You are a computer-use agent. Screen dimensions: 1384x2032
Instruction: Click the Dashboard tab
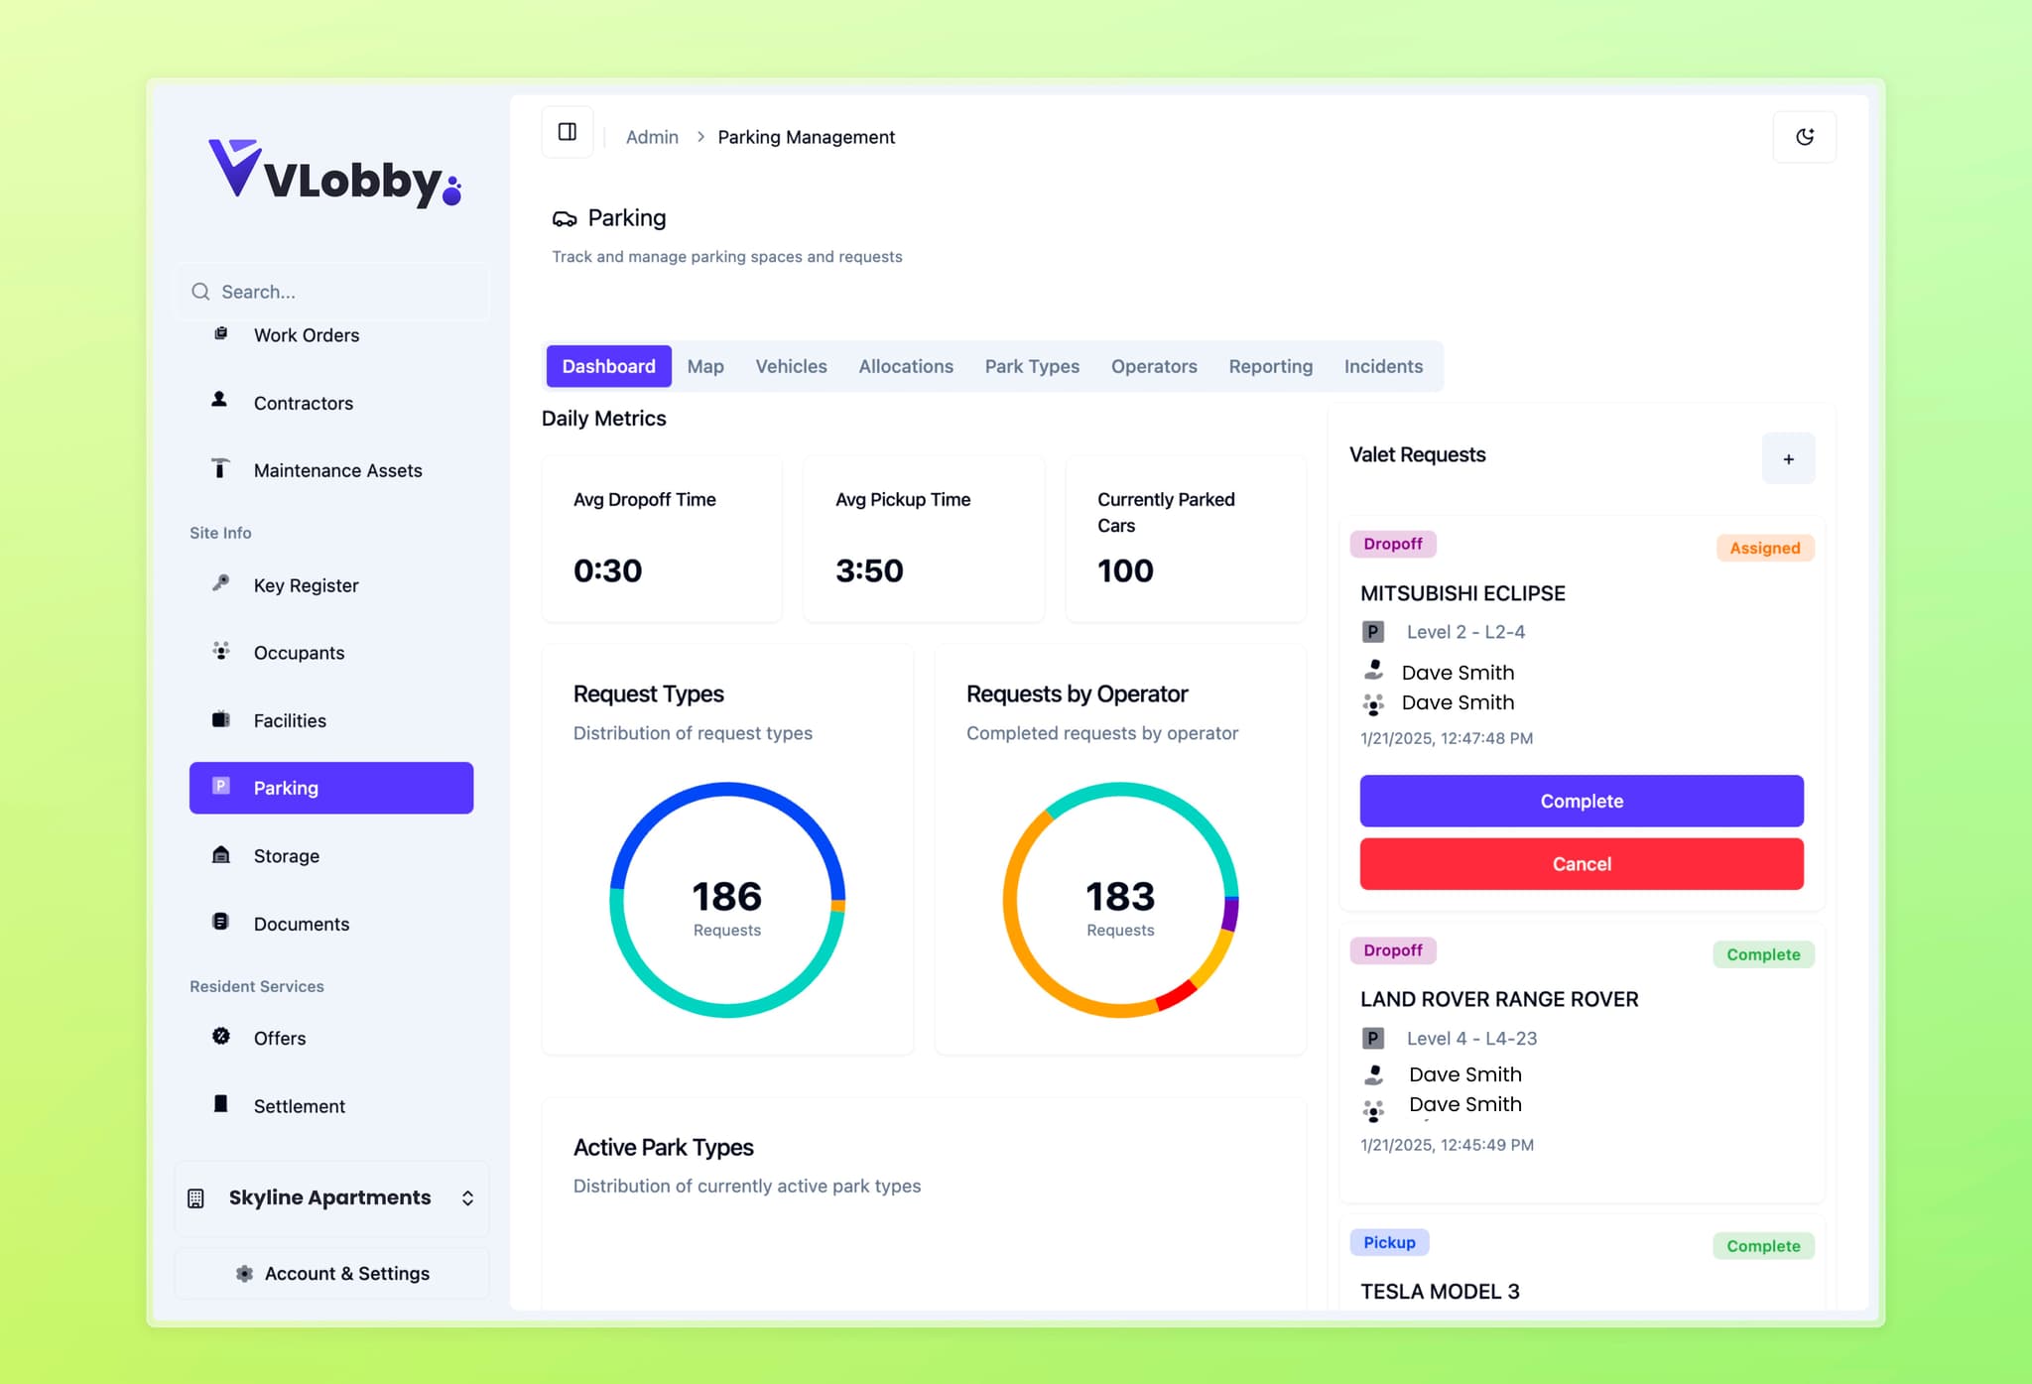(x=608, y=366)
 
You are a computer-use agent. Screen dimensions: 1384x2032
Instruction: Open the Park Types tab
(x=1032, y=366)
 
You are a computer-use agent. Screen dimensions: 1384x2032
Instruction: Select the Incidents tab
(x=1383, y=366)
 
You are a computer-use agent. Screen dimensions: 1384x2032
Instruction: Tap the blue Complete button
(x=1582, y=801)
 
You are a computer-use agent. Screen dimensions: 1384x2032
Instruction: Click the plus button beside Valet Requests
(x=1788, y=458)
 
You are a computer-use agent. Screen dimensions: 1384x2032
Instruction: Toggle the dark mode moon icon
(x=1804, y=137)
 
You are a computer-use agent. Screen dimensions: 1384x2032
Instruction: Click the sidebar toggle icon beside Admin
(x=568, y=132)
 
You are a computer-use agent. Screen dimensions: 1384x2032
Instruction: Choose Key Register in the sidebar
(x=306, y=585)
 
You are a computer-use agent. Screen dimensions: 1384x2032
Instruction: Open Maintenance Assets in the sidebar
(x=337, y=470)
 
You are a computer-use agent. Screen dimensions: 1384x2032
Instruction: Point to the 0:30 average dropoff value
(x=608, y=570)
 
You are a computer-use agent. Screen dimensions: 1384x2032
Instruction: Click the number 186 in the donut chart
(x=727, y=896)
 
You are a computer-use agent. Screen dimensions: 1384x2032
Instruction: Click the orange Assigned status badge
(x=1764, y=548)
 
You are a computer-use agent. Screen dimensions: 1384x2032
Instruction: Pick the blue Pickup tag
(x=1389, y=1242)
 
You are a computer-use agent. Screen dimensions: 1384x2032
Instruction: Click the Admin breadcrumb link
(x=652, y=137)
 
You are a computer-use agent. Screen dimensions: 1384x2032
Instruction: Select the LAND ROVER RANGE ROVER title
(x=1499, y=999)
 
